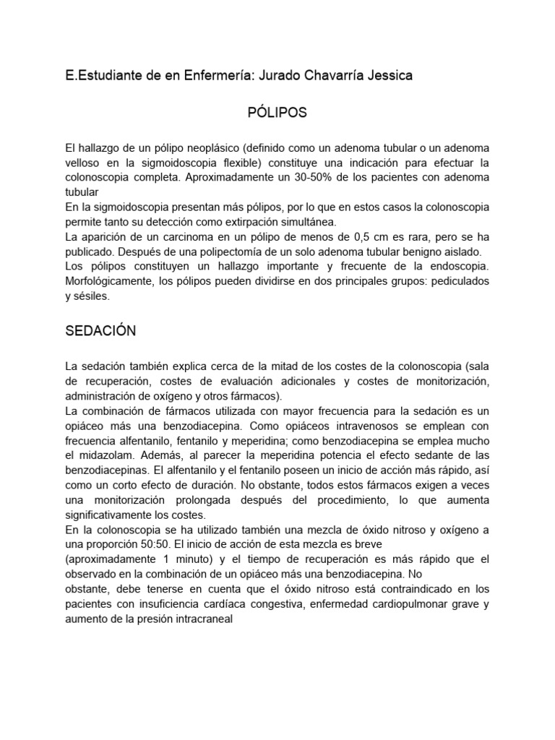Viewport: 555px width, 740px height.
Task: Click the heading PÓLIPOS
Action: tap(277, 113)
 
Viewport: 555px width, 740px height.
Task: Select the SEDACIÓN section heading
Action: tap(100, 331)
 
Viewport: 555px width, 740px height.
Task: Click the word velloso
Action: tap(85, 162)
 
